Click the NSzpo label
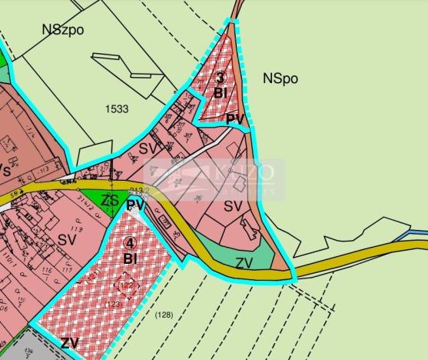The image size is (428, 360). pos(64,30)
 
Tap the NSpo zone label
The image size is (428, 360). pos(280,78)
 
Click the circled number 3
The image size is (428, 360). pos(220,78)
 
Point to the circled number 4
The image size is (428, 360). pos(129,243)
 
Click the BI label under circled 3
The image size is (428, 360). pos(221,93)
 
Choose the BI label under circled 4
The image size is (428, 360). pos(129,258)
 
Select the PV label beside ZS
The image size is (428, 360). pos(136,205)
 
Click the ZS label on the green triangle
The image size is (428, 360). pos(111,201)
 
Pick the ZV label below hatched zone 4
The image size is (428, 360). pos(70,343)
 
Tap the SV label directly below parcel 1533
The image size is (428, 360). pos(148,148)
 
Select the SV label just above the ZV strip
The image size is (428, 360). pos(233,206)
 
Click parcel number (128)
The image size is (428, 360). pos(163,315)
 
